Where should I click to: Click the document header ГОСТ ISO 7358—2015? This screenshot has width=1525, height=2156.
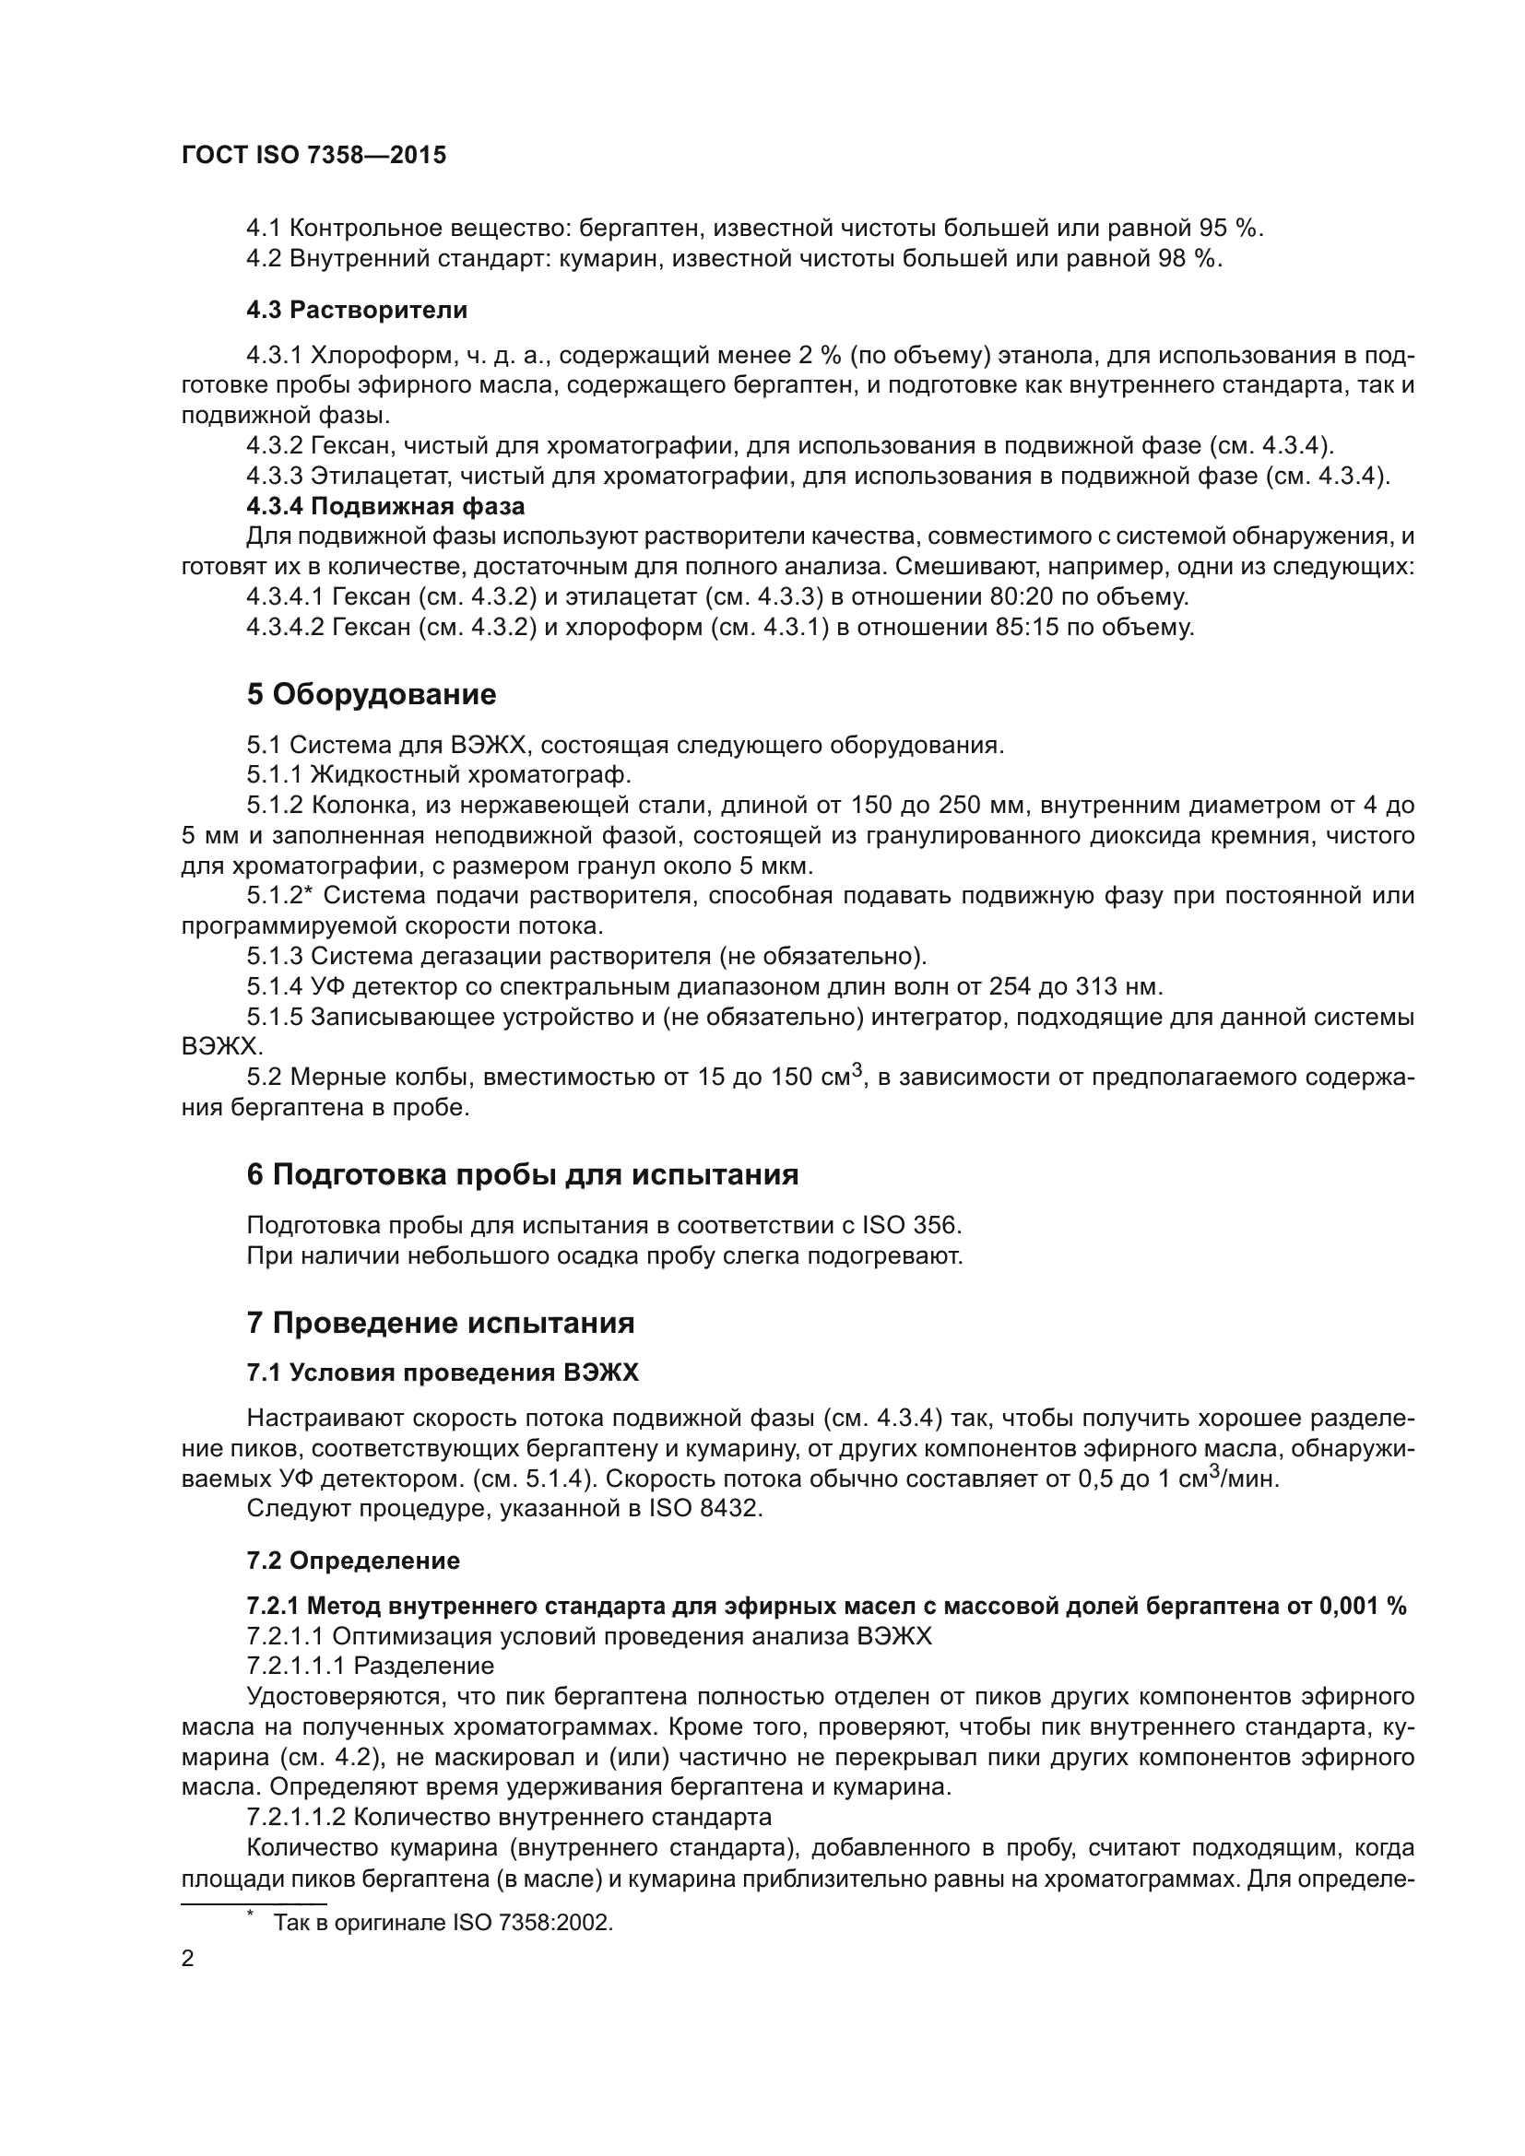point(313,155)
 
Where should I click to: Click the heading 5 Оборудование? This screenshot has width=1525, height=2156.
point(371,695)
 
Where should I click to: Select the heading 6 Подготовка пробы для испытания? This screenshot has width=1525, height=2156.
point(522,1174)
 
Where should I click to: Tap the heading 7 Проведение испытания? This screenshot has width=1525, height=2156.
point(441,1323)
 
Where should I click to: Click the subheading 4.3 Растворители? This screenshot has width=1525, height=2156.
point(357,310)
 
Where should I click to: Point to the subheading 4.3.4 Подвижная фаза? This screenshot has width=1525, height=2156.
point(385,506)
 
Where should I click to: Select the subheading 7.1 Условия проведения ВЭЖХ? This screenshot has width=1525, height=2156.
point(443,1373)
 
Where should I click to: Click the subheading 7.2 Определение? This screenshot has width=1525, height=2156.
point(353,1561)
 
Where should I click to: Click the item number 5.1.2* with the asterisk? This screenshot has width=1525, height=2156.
point(278,896)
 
